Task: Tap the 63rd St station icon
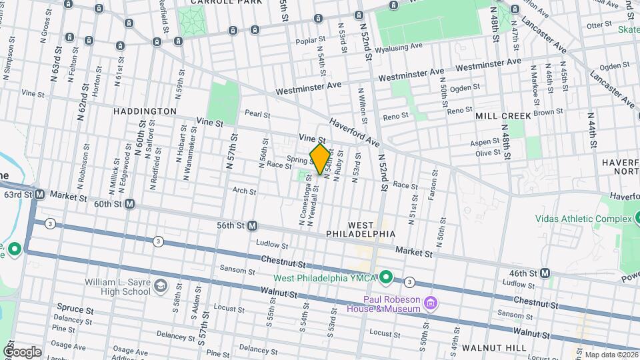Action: pyautogui.click(x=40, y=195)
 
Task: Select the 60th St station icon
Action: pyautogui.click(x=129, y=204)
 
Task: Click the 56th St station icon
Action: pyautogui.click(x=253, y=226)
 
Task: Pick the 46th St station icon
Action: pyautogui.click(x=545, y=273)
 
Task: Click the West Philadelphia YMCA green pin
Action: pyautogui.click(x=385, y=277)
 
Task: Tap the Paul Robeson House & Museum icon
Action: pyautogui.click(x=431, y=304)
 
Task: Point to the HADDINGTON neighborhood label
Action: pyautogui.click(x=145, y=111)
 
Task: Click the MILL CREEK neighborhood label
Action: pyautogui.click(x=503, y=116)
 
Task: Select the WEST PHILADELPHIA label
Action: pyautogui.click(x=361, y=229)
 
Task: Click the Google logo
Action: pyautogui.click(x=22, y=351)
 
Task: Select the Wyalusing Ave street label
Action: pyautogui.click(x=399, y=47)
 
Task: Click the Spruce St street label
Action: pyautogui.click(x=70, y=309)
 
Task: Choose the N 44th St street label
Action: pyautogui.click(x=591, y=127)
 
